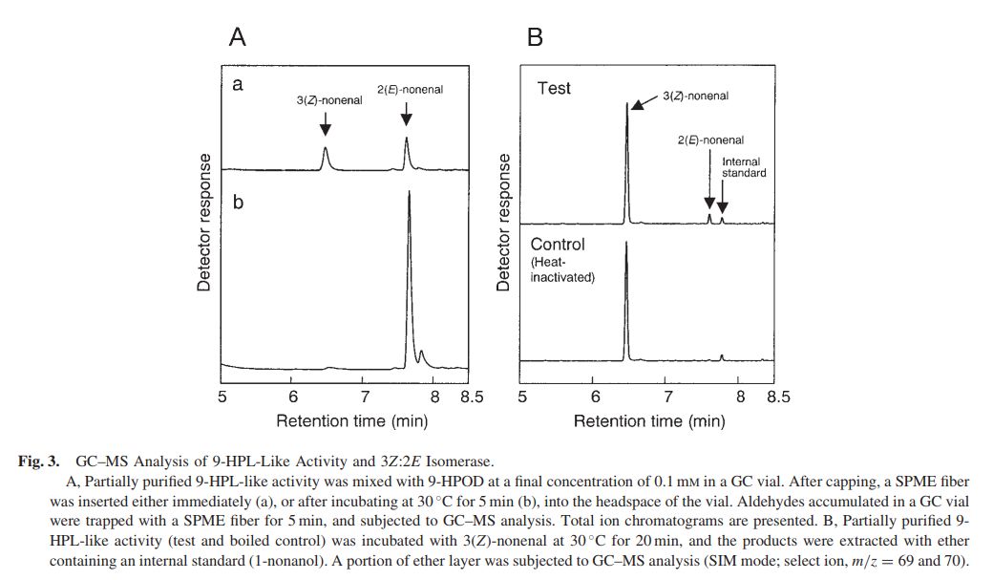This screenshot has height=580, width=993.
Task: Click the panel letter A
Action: coord(238,37)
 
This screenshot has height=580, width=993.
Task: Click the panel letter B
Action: coord(535,37)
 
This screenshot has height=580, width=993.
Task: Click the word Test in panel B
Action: coord(554,88)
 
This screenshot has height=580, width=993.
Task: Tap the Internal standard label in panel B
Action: coord(744,167)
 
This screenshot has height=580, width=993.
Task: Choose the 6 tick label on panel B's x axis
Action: coord(594,397)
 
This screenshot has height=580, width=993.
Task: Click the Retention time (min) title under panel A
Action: coord(351,420)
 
